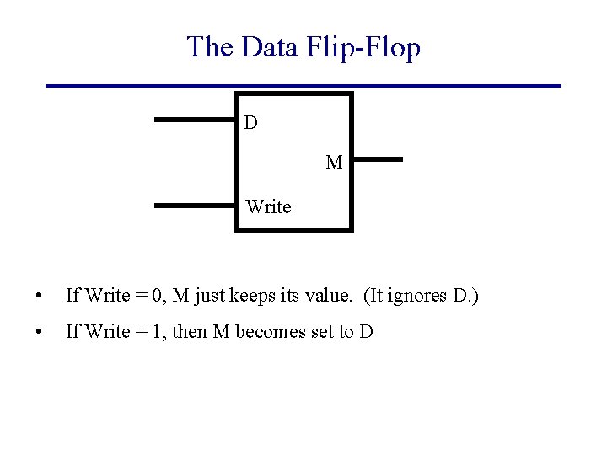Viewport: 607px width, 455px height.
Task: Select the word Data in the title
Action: [267, 47]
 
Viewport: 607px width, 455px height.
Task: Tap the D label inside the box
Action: [251, 123]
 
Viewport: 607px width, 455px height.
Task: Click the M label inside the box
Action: [334, 163]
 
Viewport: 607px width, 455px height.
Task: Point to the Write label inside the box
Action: [268, 206]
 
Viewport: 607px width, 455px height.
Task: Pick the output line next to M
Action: [377, 158]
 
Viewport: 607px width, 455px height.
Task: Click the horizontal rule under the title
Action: [303, 86]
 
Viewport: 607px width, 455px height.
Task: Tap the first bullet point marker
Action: [39, 297]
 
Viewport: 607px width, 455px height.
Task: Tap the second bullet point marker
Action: [39, 333]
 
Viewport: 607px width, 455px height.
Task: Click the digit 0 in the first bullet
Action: [152, 296]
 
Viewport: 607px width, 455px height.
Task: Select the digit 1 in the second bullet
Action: [152, 332]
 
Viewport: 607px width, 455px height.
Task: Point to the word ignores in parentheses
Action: [413, 296]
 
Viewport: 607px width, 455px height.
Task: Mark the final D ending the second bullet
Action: [365, 332]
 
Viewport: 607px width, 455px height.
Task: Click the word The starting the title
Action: [211, 47]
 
